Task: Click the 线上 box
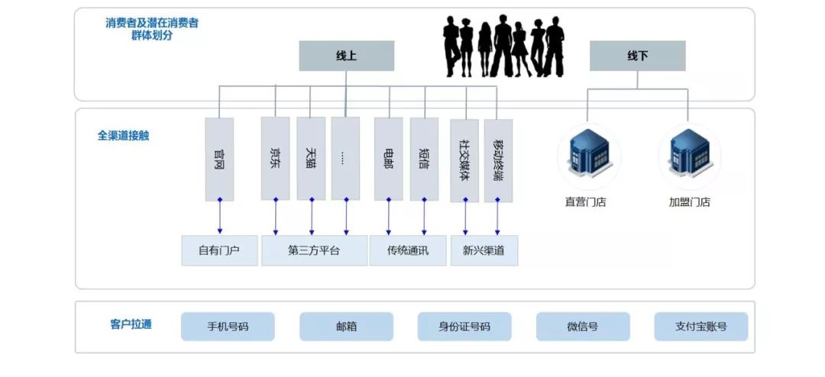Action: pyautogui.click(x=346, y=56)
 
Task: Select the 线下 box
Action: pyautogui.click(x=637, y=56)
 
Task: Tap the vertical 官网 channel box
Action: pyautogui.click(x=219, y=159)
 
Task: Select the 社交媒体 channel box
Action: pyautogui.click(x=464, y=159)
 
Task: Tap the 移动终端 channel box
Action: pyautogui.click(x=498, y=159)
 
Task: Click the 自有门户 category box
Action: pyautogui.click(x=219, y=250)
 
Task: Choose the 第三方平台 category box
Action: pyautogui.click(x=314, y=250)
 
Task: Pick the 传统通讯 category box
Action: pyautogui.click(x=408, y=250)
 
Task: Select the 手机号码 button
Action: pyautogui.click(x=228, y=327)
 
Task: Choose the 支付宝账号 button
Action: pyautogui.click(x=700, y=327)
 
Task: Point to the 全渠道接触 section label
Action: pyautogui.click(x=123, y=135)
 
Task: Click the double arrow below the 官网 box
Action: pyautogui.click(x=219, y=217)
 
